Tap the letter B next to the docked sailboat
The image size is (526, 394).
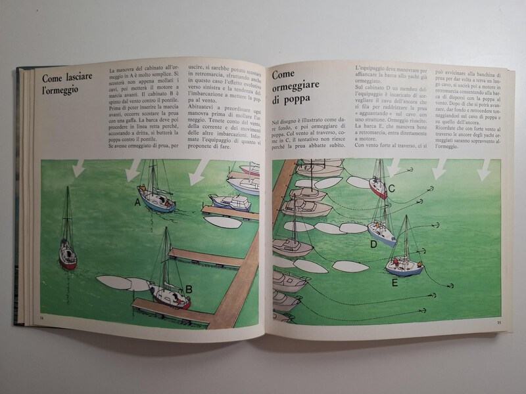click(188, 288)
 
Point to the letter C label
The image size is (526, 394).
click(391, 189)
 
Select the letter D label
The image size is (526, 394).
click(373, 244)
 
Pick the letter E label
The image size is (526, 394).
click(394, 283)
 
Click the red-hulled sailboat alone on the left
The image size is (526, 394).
click(67, 257)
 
